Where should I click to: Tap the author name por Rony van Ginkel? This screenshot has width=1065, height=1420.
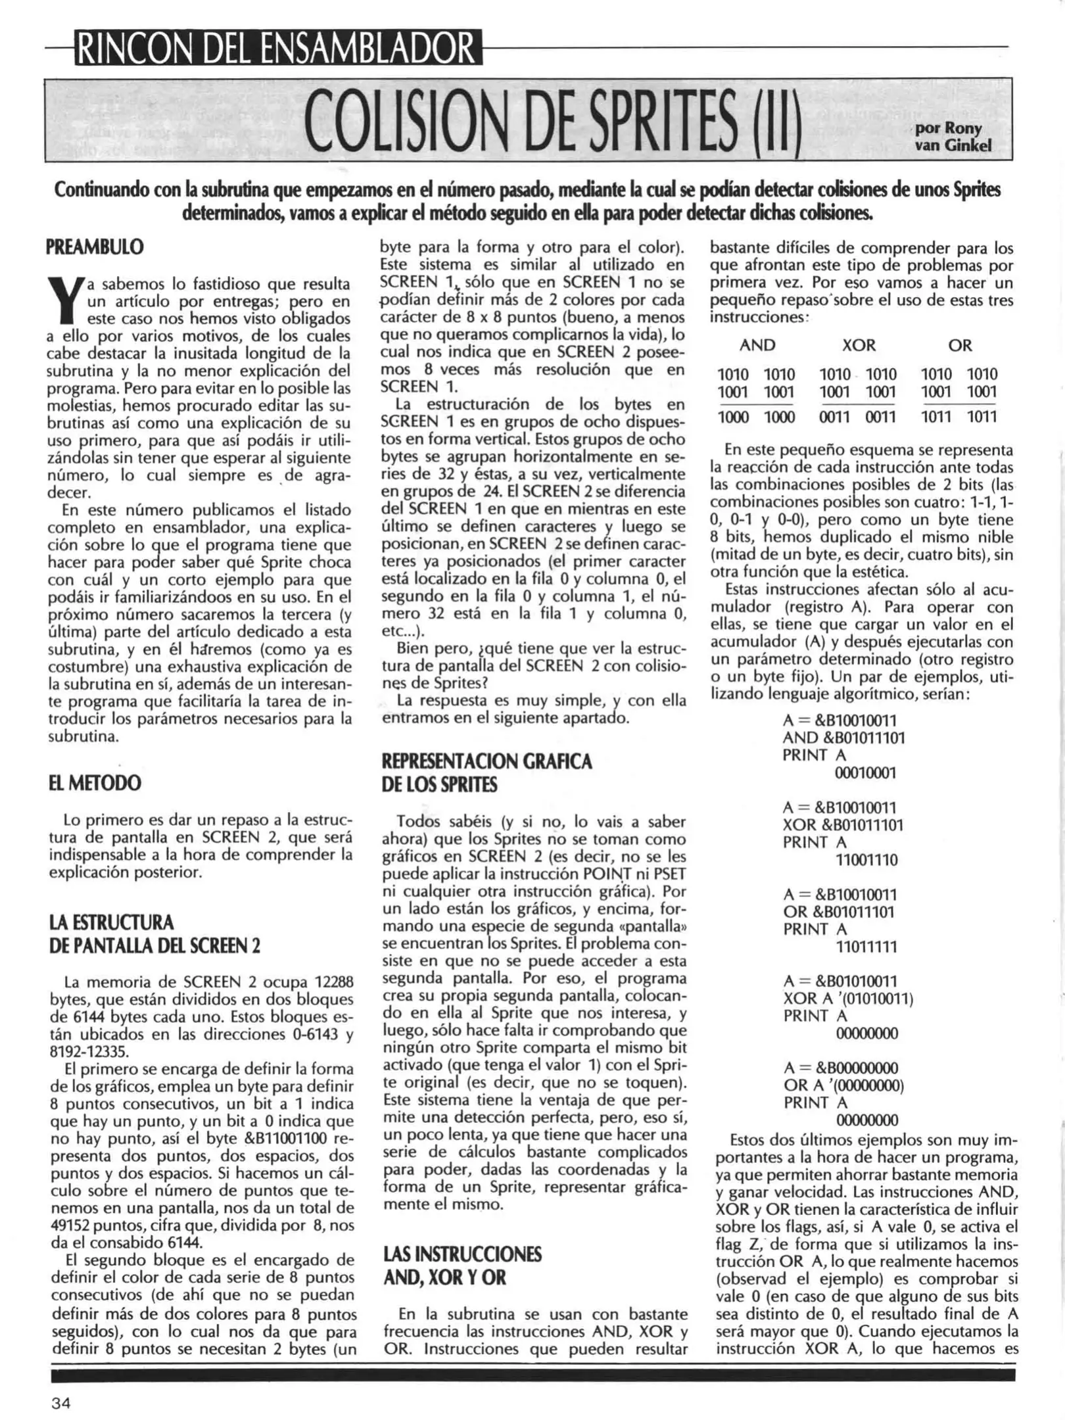[x=953, y=137]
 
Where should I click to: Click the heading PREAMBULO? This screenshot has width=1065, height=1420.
[x=95, y=247]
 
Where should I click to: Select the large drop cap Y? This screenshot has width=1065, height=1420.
[x=64, y=301]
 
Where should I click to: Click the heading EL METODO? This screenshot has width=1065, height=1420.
[x=95, y=784]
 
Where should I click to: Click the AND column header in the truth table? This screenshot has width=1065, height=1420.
[x=757, y=345]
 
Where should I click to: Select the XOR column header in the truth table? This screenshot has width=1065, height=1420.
[x=859, y=345]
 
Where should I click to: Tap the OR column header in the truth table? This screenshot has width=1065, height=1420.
[x=959, y=345]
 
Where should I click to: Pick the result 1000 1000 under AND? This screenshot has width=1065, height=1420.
[x=756, y=417]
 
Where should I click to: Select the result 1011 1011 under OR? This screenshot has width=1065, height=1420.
[x=958, y=417]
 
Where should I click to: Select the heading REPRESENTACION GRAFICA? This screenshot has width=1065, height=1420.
[x=486, y=761]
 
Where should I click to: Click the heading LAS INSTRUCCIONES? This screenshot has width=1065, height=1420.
[x=461, y=1254]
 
